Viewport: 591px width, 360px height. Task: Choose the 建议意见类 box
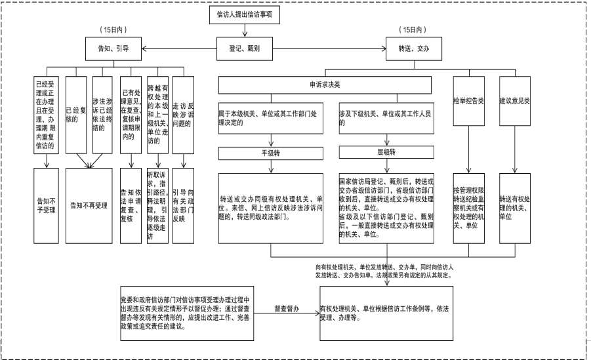tap(514, 102)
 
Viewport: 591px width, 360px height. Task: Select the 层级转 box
tap(386, 152)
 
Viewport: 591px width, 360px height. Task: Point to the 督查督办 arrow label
tap(285, 308)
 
